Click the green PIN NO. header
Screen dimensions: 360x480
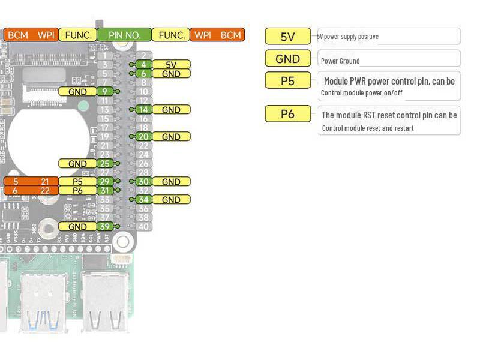(124, 35)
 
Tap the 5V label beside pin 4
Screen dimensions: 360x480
(171, 65)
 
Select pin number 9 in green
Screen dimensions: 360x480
(105, 92)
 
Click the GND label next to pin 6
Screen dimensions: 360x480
(171, 74)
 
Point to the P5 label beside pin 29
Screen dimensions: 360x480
(77, 182)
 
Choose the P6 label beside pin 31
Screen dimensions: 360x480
(77, 191)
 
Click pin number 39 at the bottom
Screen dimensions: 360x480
(105, 227)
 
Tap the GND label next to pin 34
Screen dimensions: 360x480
(171, 200)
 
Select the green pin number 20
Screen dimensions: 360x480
(143, 137)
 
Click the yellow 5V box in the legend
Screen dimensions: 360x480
(287, 36)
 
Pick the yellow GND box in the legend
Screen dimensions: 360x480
(287, 58)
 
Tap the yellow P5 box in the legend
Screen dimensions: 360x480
(287, 80)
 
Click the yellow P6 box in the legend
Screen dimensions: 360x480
(287, 113)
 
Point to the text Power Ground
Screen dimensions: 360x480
(340, 61)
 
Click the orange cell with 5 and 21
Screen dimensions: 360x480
(31, 182)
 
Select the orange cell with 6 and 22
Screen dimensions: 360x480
(31, 191)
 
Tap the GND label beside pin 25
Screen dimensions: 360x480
(77, 164)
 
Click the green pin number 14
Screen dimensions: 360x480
(143, 110)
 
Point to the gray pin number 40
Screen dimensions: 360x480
(143, 227)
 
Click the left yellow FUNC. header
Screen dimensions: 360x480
(77, 35)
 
